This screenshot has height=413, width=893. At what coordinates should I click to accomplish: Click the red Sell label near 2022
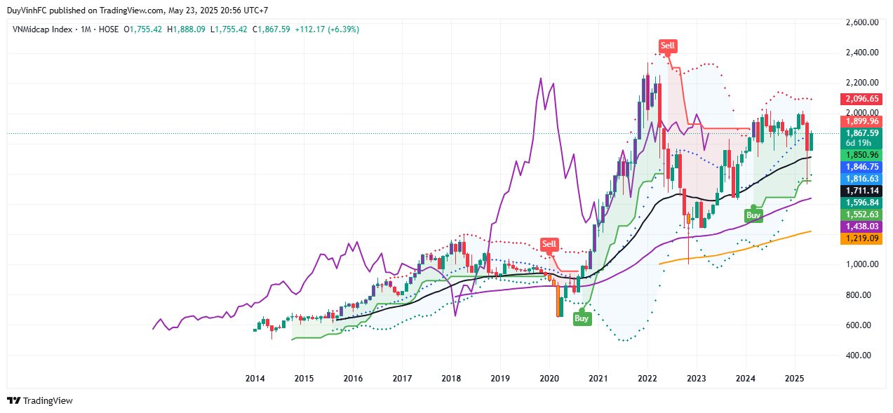click(x=668, y=46)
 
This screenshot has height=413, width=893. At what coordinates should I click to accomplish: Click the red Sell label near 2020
click(x=549, y=244)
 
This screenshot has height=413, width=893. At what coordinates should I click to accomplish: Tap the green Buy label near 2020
click(x=582, y=318)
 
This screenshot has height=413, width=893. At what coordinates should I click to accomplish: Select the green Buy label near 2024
click(x=753, y=215)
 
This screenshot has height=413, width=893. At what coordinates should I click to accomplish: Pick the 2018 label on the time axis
click(x=451, y=379)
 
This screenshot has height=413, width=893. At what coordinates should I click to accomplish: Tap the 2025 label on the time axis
click(x=794, y=379)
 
